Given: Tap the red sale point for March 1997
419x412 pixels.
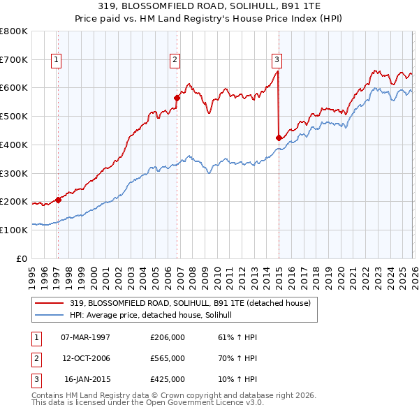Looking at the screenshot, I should coord(58,200).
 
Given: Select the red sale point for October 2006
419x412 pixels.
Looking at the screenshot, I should coord(177,98).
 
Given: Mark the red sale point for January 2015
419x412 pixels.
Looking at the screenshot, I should coord(279,138).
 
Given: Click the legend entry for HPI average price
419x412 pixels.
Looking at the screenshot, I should coord(155,316).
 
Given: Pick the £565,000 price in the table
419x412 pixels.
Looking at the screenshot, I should coord(168,358).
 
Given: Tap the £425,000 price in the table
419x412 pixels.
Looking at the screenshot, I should coord(168,379).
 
